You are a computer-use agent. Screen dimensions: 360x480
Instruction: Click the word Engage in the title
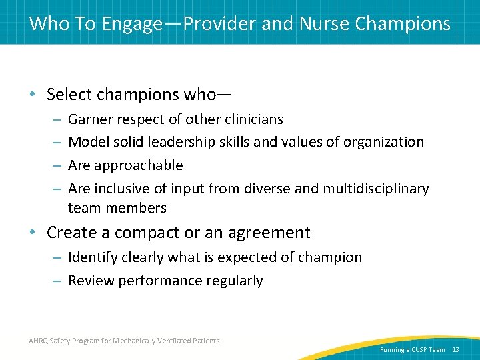click(x=132, y=24)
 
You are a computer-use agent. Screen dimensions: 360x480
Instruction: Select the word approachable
click(x=138, y=165)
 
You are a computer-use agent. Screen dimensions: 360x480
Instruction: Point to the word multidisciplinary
click(x=376, y=189)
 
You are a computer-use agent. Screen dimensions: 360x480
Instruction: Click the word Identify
click(x=91, y=257)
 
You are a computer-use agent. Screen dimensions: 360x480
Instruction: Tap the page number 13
click(x=456, y=350)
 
